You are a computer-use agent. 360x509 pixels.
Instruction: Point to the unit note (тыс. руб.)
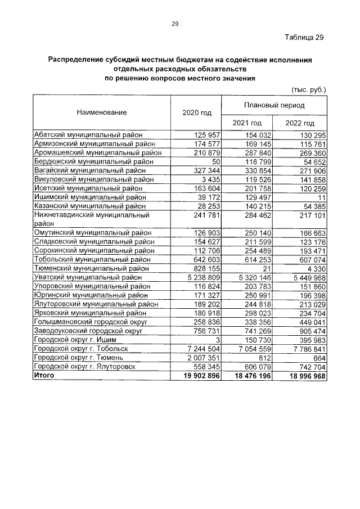(308, 89)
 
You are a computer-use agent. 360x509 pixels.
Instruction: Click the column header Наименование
(102, 112)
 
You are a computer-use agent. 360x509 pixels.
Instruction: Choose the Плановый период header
(274, 105)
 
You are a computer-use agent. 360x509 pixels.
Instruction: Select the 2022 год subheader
(300, 123)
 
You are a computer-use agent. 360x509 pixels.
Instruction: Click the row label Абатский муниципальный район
(88, 135)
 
